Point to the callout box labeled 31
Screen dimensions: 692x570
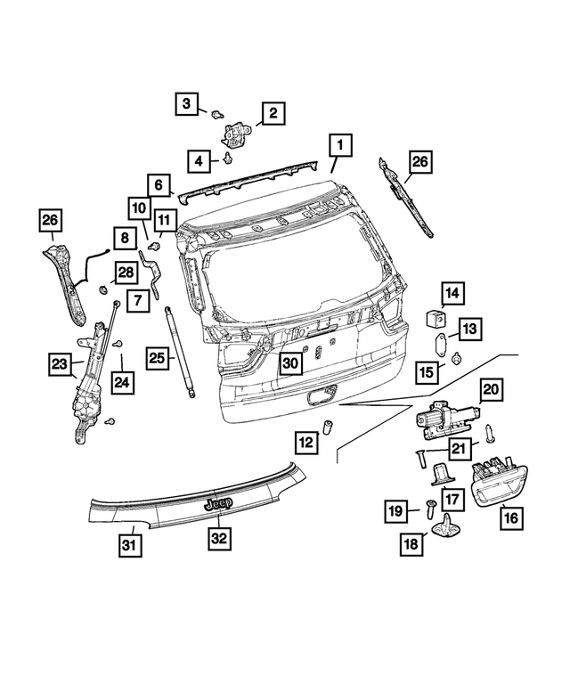pyautogui.click(x=129, y=544)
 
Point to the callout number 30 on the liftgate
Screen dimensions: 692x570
pyautogui.click(x=291, y=362)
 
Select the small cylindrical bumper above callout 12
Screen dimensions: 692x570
pyautogui.click(x=327, y=424)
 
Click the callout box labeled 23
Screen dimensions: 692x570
pyautogui.click(x=60, y=362)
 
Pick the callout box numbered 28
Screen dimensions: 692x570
pyautogui.click(x=126, y=271)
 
